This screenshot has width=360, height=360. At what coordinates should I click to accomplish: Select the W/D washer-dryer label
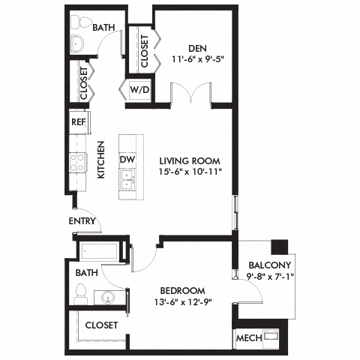pos(139,91)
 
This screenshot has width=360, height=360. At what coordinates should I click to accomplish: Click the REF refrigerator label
pos(78,121)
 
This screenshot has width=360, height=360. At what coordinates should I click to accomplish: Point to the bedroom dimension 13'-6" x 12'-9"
pos(182,303)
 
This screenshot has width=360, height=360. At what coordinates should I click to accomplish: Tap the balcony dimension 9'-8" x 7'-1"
pos(268,277)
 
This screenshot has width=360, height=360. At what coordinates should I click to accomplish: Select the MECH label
pos(249,339)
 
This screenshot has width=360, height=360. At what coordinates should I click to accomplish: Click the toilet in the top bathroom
pos(79,42)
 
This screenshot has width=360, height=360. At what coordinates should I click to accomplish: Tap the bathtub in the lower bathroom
pos(100,251)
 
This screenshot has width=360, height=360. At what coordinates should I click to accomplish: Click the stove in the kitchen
pos(78,161)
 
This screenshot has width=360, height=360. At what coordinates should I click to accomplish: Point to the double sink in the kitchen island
pos(127,179)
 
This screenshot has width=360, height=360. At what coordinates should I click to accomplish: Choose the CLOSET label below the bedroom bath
pos(100,325)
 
